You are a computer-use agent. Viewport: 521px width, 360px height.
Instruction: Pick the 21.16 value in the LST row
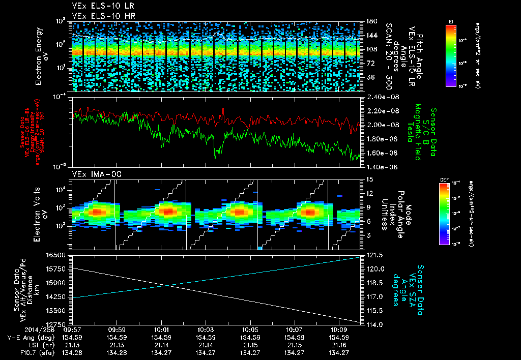339,345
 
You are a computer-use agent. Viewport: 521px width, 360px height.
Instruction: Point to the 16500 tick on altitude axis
55,255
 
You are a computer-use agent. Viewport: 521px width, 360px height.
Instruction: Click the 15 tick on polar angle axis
368,179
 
